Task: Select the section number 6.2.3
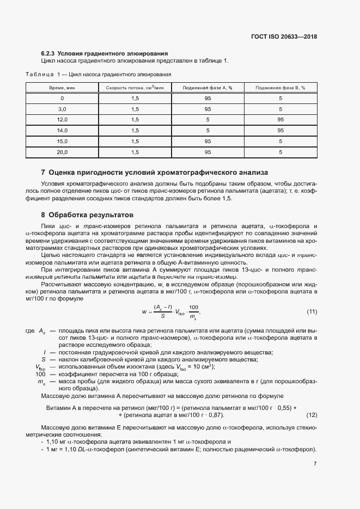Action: tap(48, 53)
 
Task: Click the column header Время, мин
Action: tap(62, 88)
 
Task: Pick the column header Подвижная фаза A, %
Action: tap(208, 88)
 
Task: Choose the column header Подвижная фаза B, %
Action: tap(280, 88)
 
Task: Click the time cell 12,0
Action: tap(62, 120)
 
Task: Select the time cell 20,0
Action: tap(62, 152)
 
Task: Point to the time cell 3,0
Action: tap(62, 109)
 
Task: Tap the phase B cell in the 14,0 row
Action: tap(280, 131)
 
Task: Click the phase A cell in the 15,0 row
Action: tap(208, 142)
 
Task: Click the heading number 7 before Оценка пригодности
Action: tap(43, 172)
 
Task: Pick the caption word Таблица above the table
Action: tap(40, 73)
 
